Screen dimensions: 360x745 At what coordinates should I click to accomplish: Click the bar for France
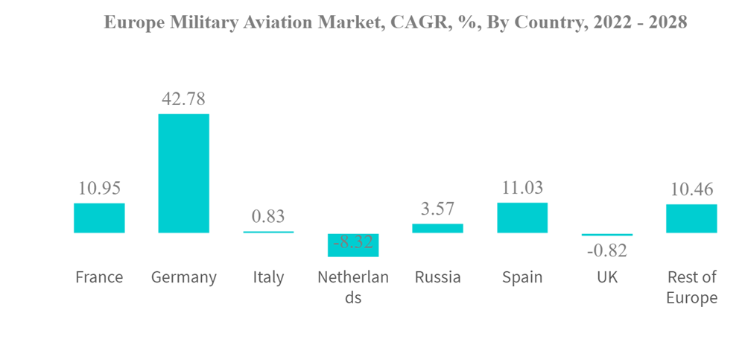pyautogui.click(x=99, y=218)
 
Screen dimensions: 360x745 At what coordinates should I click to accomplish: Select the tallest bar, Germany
pyautogui.click(x=183, y=173)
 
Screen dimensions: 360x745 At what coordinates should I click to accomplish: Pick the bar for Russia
pyautogui.click(x=437, y=228)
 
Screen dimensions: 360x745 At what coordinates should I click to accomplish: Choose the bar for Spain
pyautogui.click(x=522, y=218)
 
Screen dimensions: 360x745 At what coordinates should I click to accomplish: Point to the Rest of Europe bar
pyautogui.click(x=691, y=218)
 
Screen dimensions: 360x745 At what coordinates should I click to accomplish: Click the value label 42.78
pyautogui.click(x=183, y=98)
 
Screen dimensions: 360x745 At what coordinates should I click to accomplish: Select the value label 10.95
pyautogui.click(x=99, y=188)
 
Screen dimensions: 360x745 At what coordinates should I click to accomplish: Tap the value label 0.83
pyautogui.click(x=268, y=217)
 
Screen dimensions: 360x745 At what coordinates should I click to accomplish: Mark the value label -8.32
pyautogui.click(x=353, y=242)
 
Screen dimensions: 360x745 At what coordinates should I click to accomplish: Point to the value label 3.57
pyautogui.click(x=437, y=209)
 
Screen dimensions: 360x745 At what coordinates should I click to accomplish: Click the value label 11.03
pyautogui.click(x=522, y=187)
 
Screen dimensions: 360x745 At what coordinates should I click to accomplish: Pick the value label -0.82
pyautogui.click(x=606, y=250)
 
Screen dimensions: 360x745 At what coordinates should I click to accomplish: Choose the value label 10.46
pyautogui.click(x=691, y=189)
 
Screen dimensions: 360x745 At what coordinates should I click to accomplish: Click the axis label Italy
pyautogui.click(x=268, y=277)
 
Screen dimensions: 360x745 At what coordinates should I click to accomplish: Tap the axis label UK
pyautogui.click(x=606, y=277)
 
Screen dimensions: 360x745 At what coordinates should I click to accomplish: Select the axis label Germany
pyautogui.click(x=183, y=277)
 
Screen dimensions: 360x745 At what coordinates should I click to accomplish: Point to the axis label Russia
pyautogui.click(x=437, y=277)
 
